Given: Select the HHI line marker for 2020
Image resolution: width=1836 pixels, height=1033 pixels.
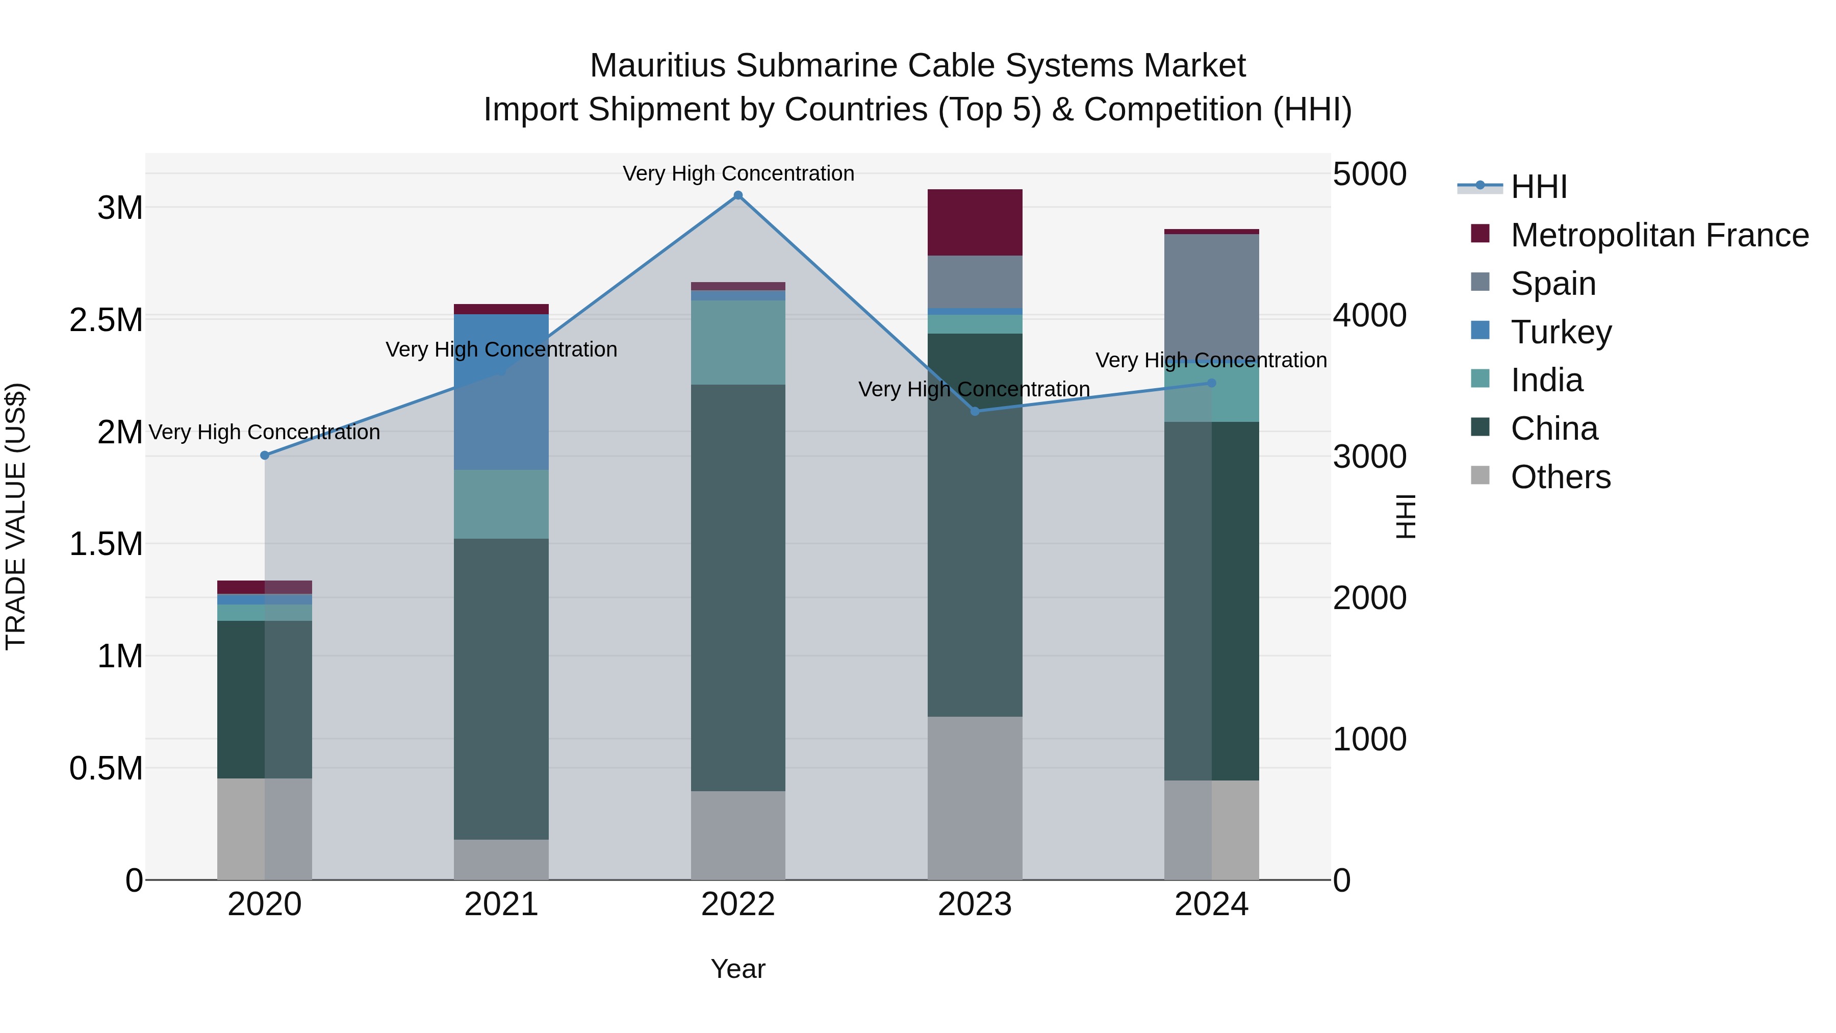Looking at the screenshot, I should click(264, 455).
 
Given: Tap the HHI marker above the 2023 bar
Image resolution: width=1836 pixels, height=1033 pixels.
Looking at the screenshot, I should click(975, 411).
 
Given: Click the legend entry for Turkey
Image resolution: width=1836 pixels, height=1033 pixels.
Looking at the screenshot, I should click(1561, 332).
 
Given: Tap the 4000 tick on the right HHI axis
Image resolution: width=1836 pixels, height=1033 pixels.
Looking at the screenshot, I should click(1369, 315).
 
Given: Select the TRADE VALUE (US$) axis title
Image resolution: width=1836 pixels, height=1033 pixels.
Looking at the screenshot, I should click(16, 516).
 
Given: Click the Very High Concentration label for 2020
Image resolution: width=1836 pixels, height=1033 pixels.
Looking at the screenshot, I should click(264, 432).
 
